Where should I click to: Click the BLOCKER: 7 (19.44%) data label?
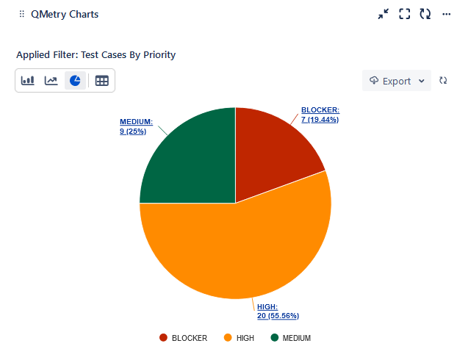[x=320, y=115]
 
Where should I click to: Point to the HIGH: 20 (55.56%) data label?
[x=278, y=311]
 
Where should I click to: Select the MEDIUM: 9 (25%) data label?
[x=136, y=126]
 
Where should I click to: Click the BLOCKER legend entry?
[x=184, y=338]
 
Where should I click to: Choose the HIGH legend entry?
[x=239, y=338]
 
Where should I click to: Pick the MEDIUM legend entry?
[x=291, y=338]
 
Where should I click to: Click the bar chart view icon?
[x=28, y=81]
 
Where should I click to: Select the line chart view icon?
[x=51, y=81]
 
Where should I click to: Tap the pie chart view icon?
[x=75, y=81]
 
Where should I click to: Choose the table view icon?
[x=101, y=81]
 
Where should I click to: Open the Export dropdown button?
[x=397, y=81]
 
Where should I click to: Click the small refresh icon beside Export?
[x=443, y=81]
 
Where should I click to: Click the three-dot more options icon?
[x=446, y=14]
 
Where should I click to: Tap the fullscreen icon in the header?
[x=404, y=14]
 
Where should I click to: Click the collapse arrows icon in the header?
[x=384, y=14]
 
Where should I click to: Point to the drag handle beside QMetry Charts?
[x=21, y=14]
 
